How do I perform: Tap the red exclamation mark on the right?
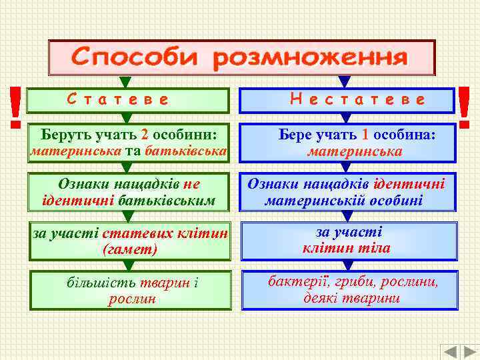tap(464, 107)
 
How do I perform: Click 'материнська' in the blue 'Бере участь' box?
tap(354, 151)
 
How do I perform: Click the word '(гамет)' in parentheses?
tap(130, 250)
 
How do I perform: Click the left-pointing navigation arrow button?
tap(451, 352)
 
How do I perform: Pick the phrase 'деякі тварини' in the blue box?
tap(351, 298)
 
